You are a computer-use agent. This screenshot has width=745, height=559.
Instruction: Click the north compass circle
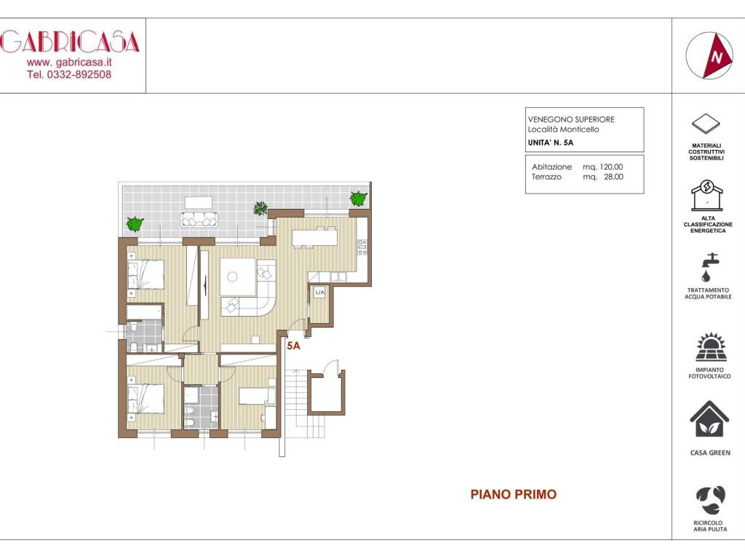tap(709, 55)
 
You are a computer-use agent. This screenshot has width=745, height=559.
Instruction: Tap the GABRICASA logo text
tap(70, 43)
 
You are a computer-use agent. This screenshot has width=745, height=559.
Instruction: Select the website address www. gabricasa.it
tap(69, 63)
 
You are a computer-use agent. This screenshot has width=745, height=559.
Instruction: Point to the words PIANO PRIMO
tap(513, 495)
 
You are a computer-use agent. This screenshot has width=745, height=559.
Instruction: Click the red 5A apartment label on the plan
tap(293, 346)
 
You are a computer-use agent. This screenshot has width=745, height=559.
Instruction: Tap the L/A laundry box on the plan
tap(319, 292)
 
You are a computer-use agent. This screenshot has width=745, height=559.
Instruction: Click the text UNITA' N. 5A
tap(551, 143)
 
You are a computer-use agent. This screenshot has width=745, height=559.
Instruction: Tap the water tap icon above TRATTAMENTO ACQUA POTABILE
tap(706, 266)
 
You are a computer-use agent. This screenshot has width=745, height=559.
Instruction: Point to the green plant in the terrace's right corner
tap(358, 198)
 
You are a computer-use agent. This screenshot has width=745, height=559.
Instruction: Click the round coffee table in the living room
tap(233, 277)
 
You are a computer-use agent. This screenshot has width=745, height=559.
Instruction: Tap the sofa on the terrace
tap(199, 220)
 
